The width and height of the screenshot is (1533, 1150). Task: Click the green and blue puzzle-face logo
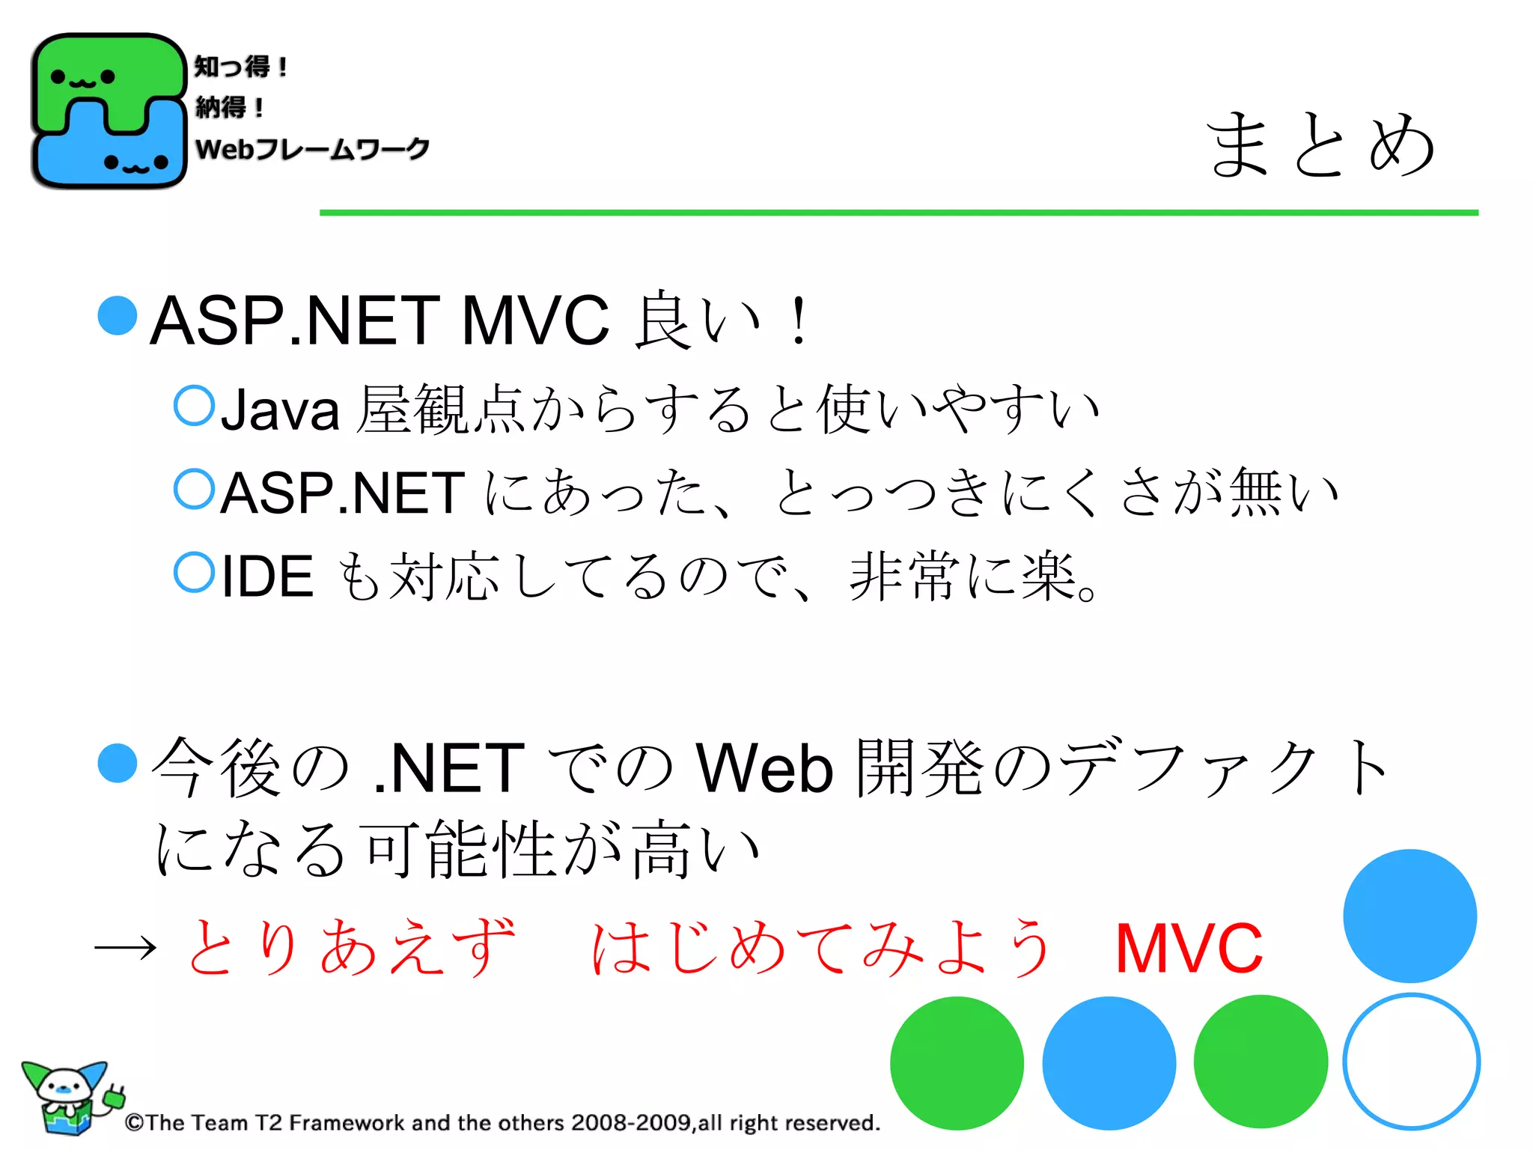109,111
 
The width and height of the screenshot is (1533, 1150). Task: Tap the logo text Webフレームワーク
312,148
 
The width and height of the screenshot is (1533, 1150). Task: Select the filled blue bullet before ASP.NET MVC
118,315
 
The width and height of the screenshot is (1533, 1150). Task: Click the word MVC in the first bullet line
535,320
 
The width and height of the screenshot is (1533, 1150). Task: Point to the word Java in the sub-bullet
280,410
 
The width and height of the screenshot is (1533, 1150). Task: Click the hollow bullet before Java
194,405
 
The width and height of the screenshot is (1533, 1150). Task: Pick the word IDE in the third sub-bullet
267,576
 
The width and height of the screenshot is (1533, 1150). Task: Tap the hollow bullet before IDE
194,572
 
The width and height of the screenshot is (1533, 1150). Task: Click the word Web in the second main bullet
764,768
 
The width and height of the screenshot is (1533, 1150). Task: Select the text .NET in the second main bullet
449,768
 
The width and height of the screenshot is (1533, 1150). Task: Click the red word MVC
1189,949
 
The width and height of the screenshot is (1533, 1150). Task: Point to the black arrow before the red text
125,949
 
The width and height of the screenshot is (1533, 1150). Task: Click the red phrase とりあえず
350,948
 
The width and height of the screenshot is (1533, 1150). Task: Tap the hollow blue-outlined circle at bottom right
1411,1061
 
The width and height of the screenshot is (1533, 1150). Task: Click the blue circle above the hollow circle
1409,916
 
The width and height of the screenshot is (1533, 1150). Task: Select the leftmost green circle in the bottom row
957,1062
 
